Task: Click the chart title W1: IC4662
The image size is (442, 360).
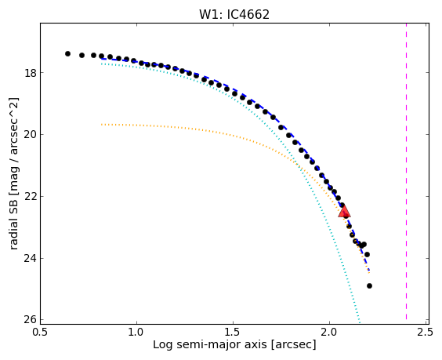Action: click(234, 14)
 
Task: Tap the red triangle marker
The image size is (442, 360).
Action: click(344, 212)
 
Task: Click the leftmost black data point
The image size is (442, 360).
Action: click(67, 53)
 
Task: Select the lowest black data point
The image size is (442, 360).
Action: click(370, 285)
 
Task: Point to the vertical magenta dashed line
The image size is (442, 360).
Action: click(406, 172)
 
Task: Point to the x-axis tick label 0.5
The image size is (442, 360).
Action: click(40, 333)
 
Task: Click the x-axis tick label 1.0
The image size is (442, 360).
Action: click(136, 333)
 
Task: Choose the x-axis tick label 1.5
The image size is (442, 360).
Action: click(234, 333)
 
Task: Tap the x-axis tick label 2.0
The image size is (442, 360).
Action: click(329, 333)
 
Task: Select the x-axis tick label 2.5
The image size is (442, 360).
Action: click(426, 333)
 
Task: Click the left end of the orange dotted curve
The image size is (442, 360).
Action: click(101, 125)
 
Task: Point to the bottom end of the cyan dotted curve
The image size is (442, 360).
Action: click(360, 322)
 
